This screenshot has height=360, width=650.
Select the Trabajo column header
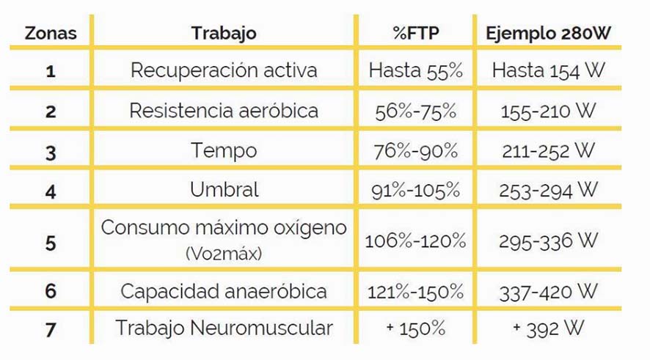click(224, 34)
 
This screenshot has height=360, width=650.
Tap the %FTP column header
click(415, 34)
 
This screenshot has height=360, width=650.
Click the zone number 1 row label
click(50, 71)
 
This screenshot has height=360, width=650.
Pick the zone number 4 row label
click(50, 191)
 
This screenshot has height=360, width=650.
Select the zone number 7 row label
click(50, 329)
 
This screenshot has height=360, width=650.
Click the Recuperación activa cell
click(224, 70)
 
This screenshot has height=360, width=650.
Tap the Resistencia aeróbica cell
click(224, 111)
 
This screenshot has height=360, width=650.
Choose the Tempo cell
click(224, 150)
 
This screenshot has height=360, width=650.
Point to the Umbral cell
click(224, 190)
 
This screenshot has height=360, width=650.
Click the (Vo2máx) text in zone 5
click(224, 254)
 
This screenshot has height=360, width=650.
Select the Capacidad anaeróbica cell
click(224, 291)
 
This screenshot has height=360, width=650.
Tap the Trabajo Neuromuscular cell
click(224, 328)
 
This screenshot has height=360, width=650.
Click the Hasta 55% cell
click(416, 71)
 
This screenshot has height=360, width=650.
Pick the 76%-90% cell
click(416, 151)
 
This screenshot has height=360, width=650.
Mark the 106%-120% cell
click(416, 241)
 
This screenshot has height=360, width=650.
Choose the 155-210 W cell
click(548, 111)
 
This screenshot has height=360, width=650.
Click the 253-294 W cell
click(548, 191)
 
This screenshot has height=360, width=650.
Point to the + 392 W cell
click(548, 328)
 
